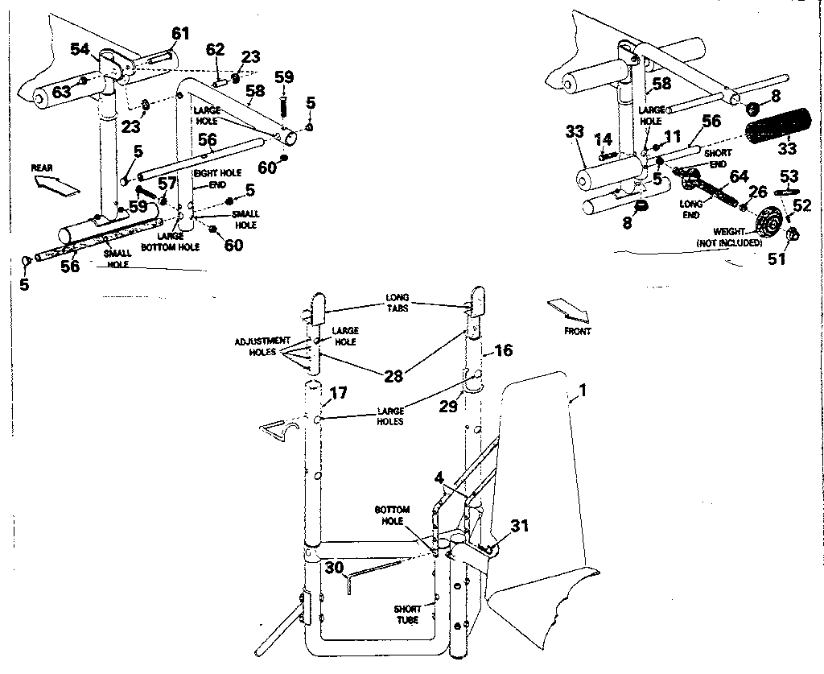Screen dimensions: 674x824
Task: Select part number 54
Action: [x=80, y=49]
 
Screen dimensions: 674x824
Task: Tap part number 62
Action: [x=215, y=49]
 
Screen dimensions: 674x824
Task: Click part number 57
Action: [x=167, y=184]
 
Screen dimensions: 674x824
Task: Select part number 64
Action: [x=738, y=177]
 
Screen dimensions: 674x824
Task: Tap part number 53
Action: [x=789, y=176]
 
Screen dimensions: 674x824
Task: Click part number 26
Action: [x=757, y=192]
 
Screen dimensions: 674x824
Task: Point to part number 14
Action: [x=604, y=139]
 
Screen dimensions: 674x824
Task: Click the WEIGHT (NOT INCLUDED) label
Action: [x=728, y=237]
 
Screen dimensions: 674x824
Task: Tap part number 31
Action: [x=520, y=526]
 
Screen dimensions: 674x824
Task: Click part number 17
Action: [x=338, y=394]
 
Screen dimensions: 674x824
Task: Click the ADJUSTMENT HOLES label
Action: [x=262, y=346]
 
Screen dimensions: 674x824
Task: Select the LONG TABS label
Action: [x=398, y=302]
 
